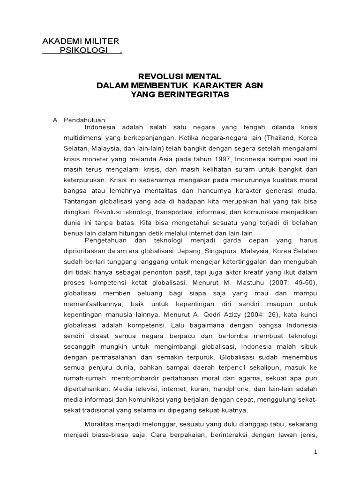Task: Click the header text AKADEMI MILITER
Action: point(81,41)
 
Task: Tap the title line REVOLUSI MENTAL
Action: point(180,76)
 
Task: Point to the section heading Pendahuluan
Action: point(82,120)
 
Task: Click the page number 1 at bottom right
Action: point(316,452)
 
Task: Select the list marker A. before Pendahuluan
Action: point(55,120)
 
